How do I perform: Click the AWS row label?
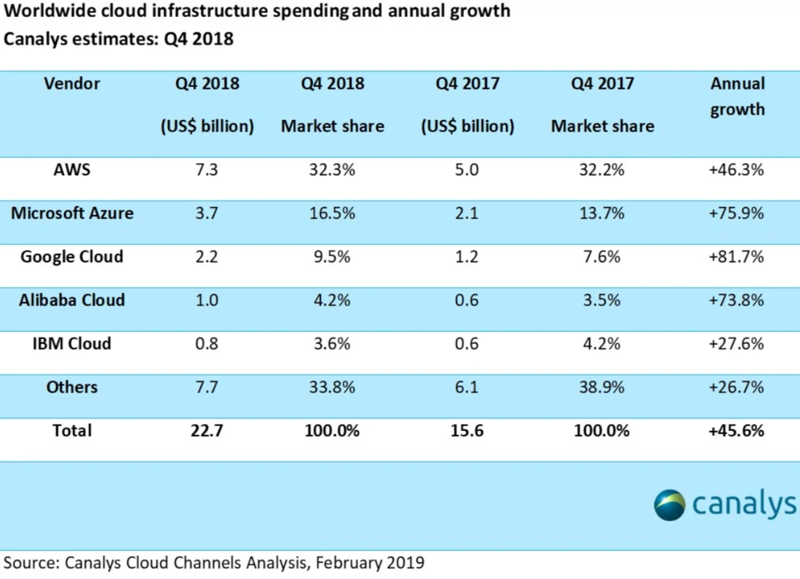[x=72, y=170]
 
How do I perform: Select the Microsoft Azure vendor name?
[x=72, y=213]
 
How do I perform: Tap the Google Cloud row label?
[x=72, y=256]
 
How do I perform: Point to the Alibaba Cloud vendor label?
[x=72, y=300]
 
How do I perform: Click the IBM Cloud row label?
[x=72, y=343]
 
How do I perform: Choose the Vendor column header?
[x=72, y=83]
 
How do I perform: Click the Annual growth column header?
[x=738, y=96]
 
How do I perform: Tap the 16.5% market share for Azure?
[x=332, y=214]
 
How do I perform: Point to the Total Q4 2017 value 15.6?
[x=468, y=430]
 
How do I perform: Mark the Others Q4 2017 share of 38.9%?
[x=602, y=387]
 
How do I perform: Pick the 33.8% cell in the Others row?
[x=332, y=387]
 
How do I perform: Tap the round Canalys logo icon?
[x=669, y=505]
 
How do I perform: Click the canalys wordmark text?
[x=744, y=504]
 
